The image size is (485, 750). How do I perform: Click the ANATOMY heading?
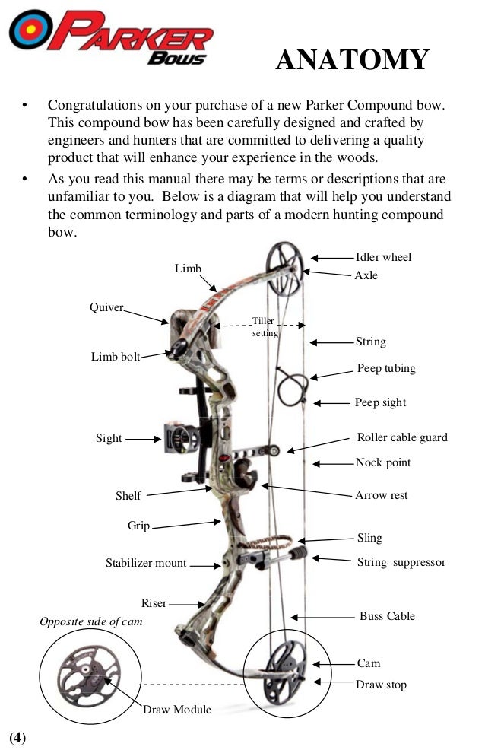coord(352,59)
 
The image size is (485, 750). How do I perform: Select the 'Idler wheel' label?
coord(383,257)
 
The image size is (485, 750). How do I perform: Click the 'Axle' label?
coord(366,275)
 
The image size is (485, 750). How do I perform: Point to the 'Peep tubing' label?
coord(386,368)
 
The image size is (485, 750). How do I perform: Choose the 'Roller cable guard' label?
coord(402,437)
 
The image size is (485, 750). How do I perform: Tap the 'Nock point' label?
coord(383,462)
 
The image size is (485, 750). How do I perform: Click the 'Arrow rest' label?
coord(382,495)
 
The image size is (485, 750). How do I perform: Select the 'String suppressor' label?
coord(401,563)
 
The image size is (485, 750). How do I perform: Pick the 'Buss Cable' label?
coord(387,616)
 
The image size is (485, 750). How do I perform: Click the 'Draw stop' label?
coord(381,685)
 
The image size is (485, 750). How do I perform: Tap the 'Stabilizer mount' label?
coord(146,563)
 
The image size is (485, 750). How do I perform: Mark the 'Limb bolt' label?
coord(116,356)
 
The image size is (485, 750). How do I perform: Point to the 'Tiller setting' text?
coord(265,327)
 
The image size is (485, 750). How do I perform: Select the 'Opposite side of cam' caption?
coord(90,622)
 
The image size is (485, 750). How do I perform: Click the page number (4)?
coord(17,737)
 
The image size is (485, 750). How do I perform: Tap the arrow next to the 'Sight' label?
coord(144,438)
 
